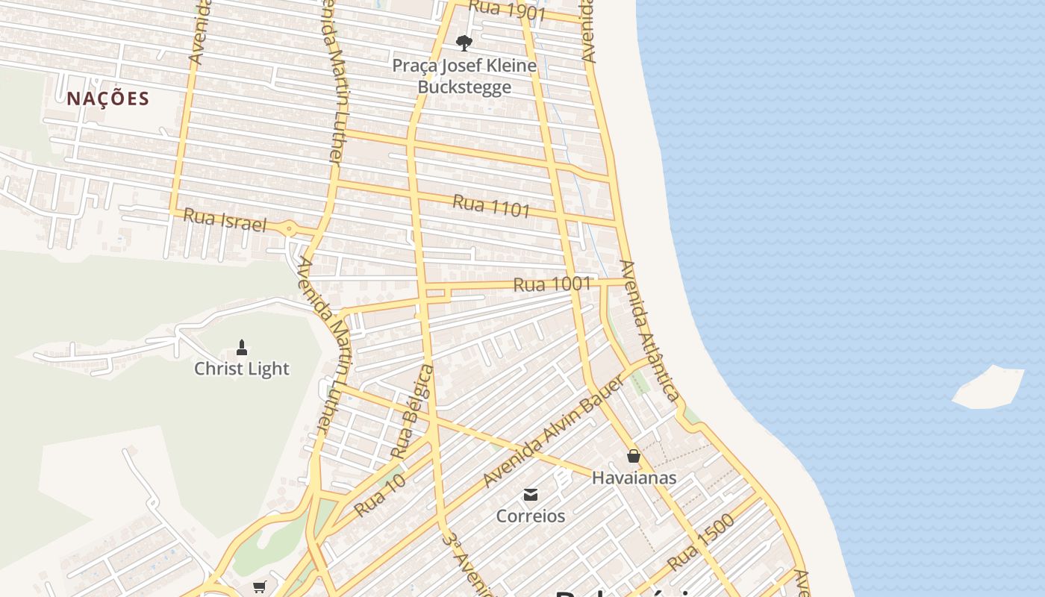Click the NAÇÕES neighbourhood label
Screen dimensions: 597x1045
(108, 99)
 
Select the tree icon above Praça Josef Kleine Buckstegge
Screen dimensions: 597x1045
(464, 42)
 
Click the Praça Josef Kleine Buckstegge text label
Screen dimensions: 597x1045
(464, 76)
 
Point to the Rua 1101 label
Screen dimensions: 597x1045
(491, 205)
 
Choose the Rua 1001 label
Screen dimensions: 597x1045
(552, 284)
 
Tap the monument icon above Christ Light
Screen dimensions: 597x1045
(242, 347)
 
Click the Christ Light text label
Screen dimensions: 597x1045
(242, 369)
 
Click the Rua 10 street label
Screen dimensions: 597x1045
(381, 495)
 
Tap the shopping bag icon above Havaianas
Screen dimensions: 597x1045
(634, 456)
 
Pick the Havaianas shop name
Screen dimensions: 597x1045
(634, 478)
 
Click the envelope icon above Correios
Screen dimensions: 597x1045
(531, 494)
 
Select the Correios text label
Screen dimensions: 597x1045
(531, 516)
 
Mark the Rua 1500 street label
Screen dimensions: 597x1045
(701, 542)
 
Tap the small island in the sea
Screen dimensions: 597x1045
(989, 387)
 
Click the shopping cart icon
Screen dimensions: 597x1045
(259, 587)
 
